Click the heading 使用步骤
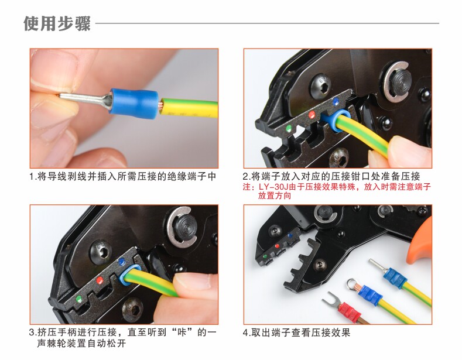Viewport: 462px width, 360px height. click(x=57, y=23)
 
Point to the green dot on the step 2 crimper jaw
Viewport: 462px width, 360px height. click(x=289, y=128)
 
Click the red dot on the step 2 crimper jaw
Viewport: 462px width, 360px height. click(x=312, y=115)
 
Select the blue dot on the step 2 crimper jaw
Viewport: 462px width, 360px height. click(x=336, y=102)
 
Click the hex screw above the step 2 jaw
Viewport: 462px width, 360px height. click(x=320, y=85)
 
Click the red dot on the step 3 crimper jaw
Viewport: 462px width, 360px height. click(x=100, y=280)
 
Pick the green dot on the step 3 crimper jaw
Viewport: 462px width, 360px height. click(x=78, y=299)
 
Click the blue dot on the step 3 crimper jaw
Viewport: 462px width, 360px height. click(x=121, y=262)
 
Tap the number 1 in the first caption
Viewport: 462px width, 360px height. click(x=32, y=177)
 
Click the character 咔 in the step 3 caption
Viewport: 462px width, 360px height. click(x=180, y=332)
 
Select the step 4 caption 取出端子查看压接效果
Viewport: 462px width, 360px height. click(x=300, y=332)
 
